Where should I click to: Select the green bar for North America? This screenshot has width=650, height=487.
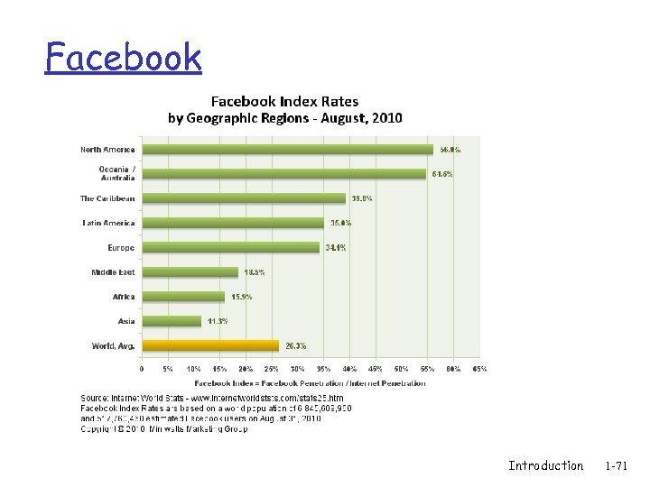(287, 150)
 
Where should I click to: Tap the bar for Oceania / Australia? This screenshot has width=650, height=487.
(283, 174)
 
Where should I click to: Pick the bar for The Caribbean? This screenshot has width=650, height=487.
(244, 198)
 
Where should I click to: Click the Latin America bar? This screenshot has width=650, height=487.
(233, 223)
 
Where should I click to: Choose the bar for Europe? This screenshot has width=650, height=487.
(231, 247)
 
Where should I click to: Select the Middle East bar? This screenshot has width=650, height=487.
(190, 271)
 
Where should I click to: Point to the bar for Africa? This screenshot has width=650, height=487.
(183, 296)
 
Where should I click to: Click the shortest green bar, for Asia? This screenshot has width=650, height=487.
(172, 320)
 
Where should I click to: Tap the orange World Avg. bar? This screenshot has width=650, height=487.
(210, 345)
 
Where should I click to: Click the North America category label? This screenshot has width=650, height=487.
(107, 150)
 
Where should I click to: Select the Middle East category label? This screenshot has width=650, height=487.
(113, 271)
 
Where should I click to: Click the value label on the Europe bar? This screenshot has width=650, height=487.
(337, 247)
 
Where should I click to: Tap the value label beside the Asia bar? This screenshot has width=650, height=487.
(218, 320)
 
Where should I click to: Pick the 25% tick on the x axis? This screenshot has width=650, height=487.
(272, 369)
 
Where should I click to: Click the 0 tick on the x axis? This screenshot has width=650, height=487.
(142, 369)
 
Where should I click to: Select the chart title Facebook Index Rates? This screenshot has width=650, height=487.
(284, 102)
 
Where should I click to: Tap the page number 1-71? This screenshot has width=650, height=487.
(617, 465)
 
